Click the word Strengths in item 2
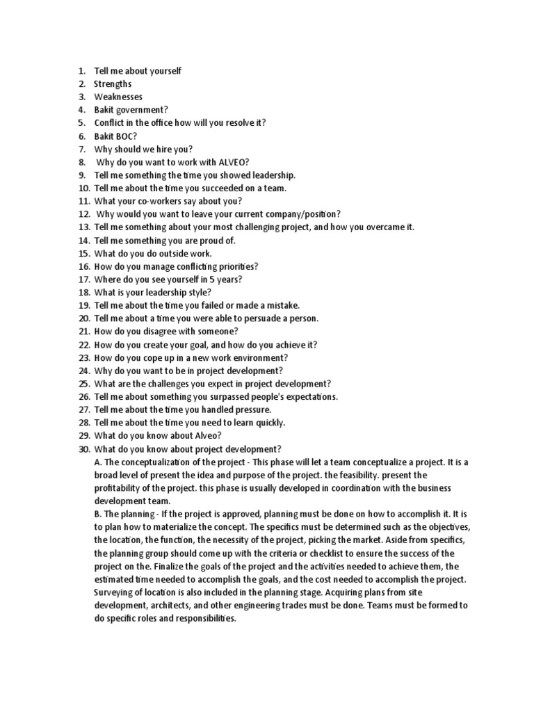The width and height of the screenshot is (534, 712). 113,84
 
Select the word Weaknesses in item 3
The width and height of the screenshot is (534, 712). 118,97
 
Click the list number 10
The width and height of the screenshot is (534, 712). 83,188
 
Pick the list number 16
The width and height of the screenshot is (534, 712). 83,266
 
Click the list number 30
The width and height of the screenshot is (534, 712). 83,449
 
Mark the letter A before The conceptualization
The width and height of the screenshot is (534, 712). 97,462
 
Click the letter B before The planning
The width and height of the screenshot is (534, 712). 97,515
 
